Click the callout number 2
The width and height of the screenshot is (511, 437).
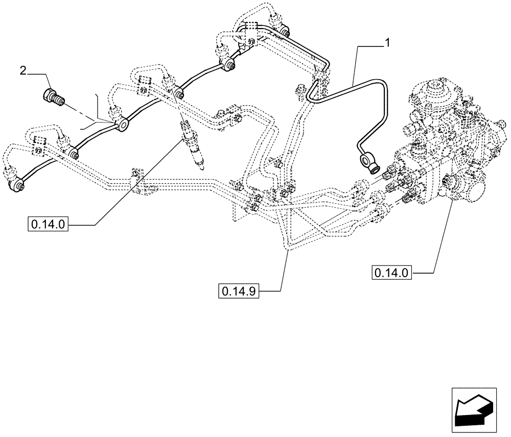click(x=23, y=70)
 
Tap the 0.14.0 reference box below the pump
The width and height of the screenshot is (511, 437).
click(x=392, y=273)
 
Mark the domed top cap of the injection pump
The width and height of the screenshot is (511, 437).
click(x=437, y=92)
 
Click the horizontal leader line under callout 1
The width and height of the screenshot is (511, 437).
click(x=370, y=45)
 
